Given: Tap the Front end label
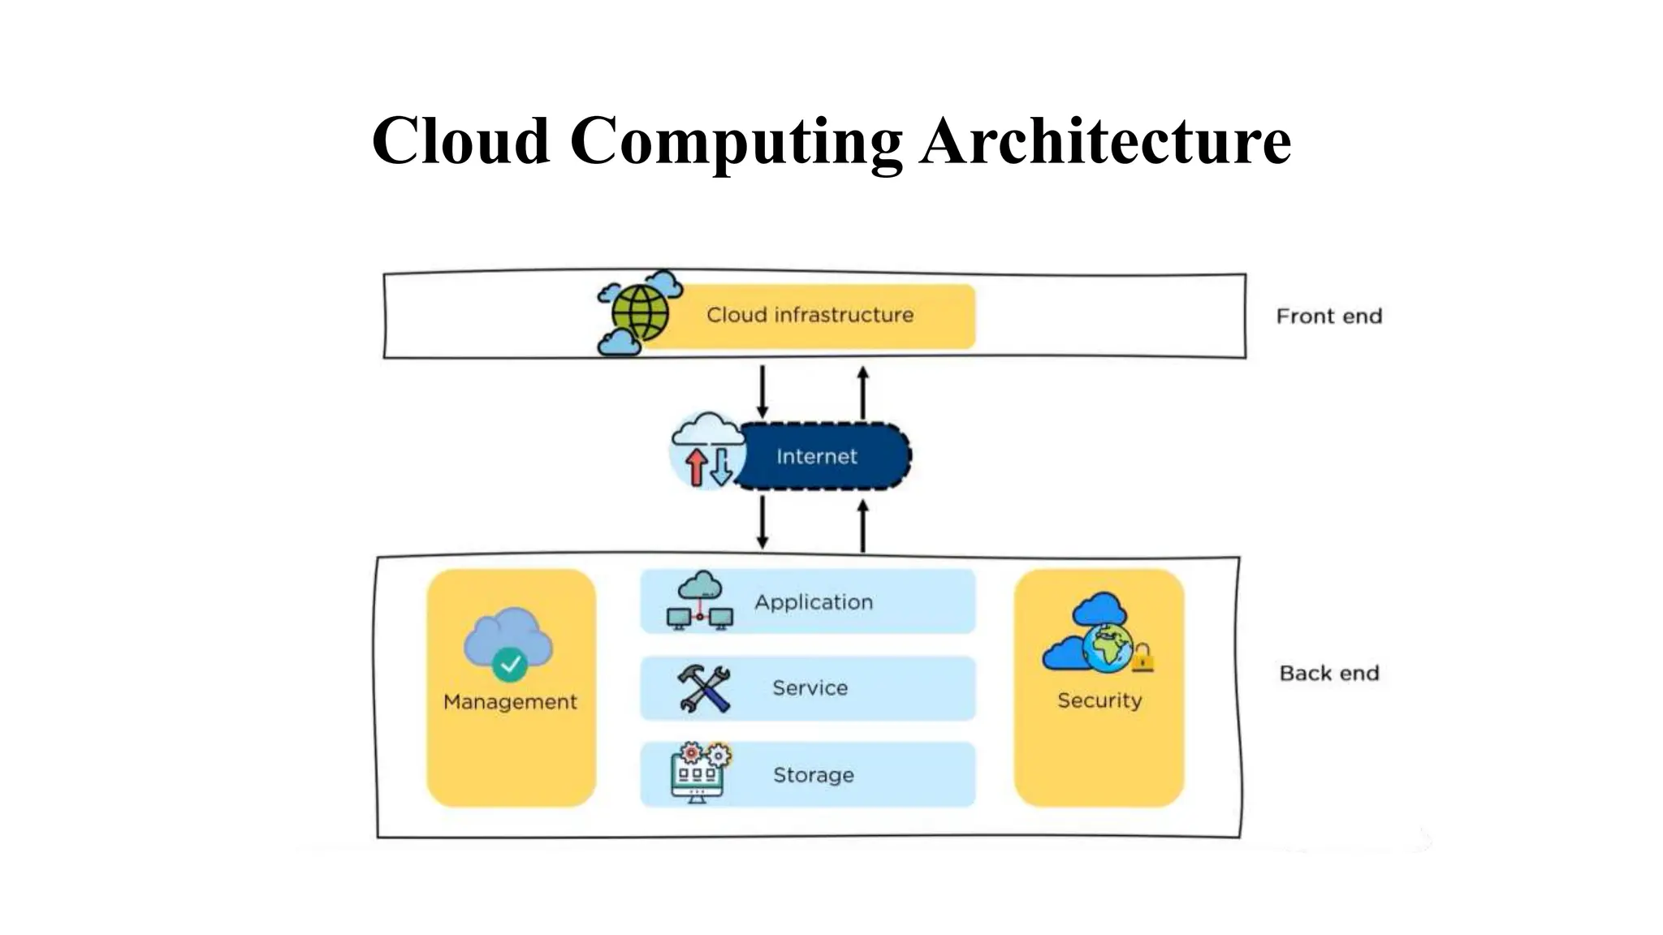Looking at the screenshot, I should tap(1328, 316).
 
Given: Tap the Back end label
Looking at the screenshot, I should tap(1328, 673).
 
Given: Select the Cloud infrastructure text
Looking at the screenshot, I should tap(810, 315).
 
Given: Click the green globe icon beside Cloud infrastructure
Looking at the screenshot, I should tap(640, 312).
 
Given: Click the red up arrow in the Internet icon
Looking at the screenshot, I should tap(696, 467).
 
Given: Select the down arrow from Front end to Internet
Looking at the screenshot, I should tap(762, 391).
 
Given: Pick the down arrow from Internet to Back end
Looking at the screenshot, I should tap(762, 523).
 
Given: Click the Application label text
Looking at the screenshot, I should tap(813, 602).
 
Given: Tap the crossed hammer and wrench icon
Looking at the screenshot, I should tap(703, 689).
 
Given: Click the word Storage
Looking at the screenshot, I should tap(813, 775).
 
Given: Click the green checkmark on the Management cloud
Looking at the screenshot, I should tap(510, 665).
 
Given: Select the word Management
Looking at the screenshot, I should tap(510, 701).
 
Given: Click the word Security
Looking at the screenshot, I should tap(1099, 700).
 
